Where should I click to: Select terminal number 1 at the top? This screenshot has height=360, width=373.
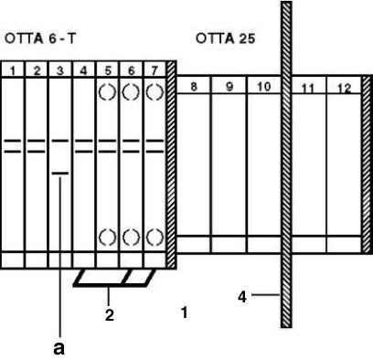pos(13,69)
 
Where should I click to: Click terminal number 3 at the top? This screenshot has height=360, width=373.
pos(60,69)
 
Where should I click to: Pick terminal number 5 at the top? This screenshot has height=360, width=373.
pos(108,69)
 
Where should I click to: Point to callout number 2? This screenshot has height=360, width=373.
pos(110,315)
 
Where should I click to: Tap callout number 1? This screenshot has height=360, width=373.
pos(185,312)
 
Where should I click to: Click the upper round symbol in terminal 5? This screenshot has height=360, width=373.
pos(108,92)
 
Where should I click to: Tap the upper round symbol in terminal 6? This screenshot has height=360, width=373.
pos(132,92)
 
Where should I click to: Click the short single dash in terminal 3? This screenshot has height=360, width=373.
pos(60,171)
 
